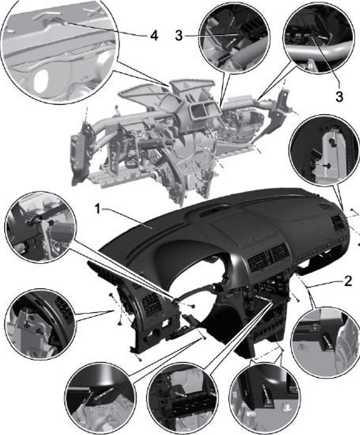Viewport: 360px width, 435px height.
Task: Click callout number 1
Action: (97, 209)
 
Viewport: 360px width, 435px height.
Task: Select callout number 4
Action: (154, 35)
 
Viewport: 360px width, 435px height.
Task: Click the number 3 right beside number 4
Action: (179, 35)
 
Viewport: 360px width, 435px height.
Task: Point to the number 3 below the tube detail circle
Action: (339, 97)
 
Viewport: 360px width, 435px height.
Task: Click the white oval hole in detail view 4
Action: (41, 80)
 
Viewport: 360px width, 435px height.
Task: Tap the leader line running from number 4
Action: (106, 29)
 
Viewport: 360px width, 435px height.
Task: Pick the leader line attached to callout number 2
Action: (325, 283)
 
